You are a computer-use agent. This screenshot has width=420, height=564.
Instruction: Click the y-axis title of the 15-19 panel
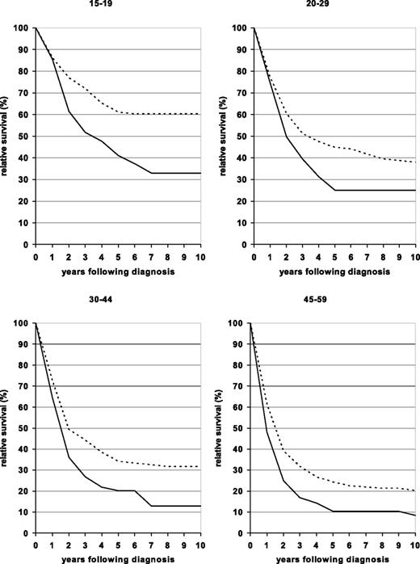(6, 136)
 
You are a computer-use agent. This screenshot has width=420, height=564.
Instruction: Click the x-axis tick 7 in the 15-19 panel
(151, 254)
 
